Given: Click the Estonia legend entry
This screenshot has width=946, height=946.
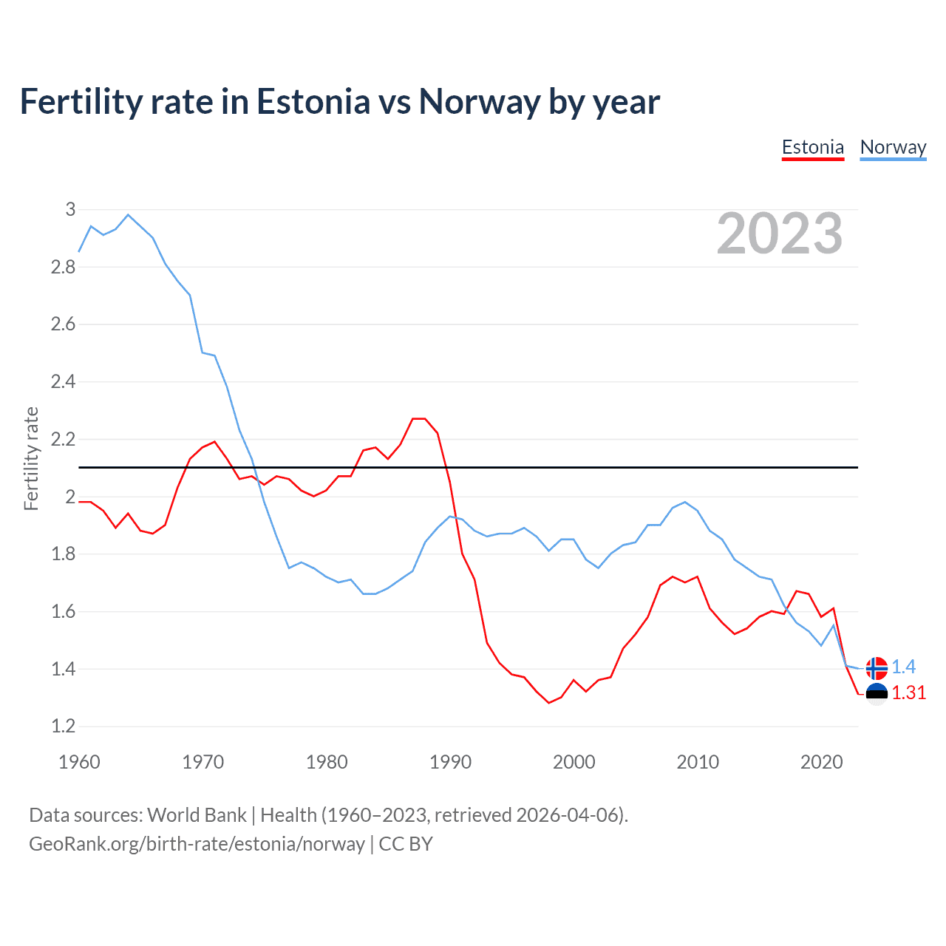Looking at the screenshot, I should click(813, 148).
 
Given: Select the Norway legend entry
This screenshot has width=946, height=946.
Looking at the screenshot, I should click(893, 148).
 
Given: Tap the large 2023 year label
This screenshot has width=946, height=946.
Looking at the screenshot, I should click(780, 234).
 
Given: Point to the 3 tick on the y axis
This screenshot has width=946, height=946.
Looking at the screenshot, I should click(71, 210).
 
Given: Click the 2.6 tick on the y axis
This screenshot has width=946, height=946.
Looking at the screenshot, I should click(64, 324).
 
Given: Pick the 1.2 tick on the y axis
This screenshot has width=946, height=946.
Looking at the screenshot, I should click(64, 726).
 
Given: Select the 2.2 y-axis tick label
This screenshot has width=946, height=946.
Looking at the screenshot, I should click(64, 440).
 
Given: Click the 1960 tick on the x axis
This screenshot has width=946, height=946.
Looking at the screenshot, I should click(79, 762).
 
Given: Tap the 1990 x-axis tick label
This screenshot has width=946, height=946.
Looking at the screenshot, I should click(450, 762).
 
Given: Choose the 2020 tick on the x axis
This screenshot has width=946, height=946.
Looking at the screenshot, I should click(821, 762).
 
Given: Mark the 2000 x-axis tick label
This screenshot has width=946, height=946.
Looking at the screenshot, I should click(574, 762).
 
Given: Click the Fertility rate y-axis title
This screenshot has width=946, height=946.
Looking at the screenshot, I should click(31, 458).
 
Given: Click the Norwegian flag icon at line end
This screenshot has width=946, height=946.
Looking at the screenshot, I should click(877, 668).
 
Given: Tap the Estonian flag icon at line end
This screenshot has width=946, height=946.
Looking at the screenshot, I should click(877, 693).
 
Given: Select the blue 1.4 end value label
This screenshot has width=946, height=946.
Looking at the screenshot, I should click(903, 667).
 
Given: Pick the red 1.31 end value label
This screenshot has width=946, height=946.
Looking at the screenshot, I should click(908, 693).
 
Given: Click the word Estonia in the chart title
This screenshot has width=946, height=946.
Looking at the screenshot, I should click(313, 102).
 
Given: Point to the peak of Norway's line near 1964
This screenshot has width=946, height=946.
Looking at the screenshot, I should click(129, 215).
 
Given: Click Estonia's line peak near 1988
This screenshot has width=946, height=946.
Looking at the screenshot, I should click(419, 419).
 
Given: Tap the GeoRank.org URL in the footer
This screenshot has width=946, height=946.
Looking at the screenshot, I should click(197, 844).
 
